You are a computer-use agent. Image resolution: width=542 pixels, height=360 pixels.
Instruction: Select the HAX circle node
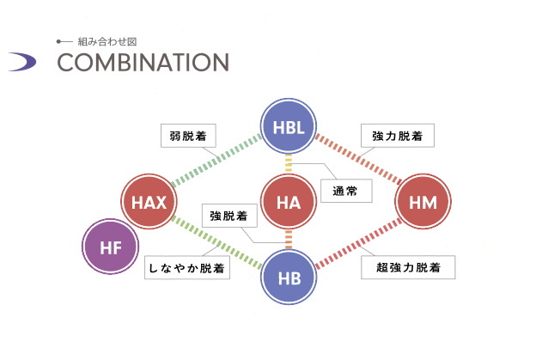coord(149,204)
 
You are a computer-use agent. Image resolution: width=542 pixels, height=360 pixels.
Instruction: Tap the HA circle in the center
coord(289,204)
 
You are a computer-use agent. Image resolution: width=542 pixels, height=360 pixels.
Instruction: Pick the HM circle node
coord(423,204)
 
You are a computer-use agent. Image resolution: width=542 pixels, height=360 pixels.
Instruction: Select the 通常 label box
coord(345,190)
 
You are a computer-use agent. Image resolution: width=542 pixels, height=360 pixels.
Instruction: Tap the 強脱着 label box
coord(228,217)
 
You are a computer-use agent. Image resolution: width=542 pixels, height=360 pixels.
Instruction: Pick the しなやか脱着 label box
coord(186,268)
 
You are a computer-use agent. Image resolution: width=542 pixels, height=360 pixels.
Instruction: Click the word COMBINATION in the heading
coord(143,63)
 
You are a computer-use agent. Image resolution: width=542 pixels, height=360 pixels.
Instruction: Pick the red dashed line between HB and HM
coord(358,242)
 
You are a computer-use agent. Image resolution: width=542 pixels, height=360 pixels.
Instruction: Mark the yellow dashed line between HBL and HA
coord(289,164)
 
